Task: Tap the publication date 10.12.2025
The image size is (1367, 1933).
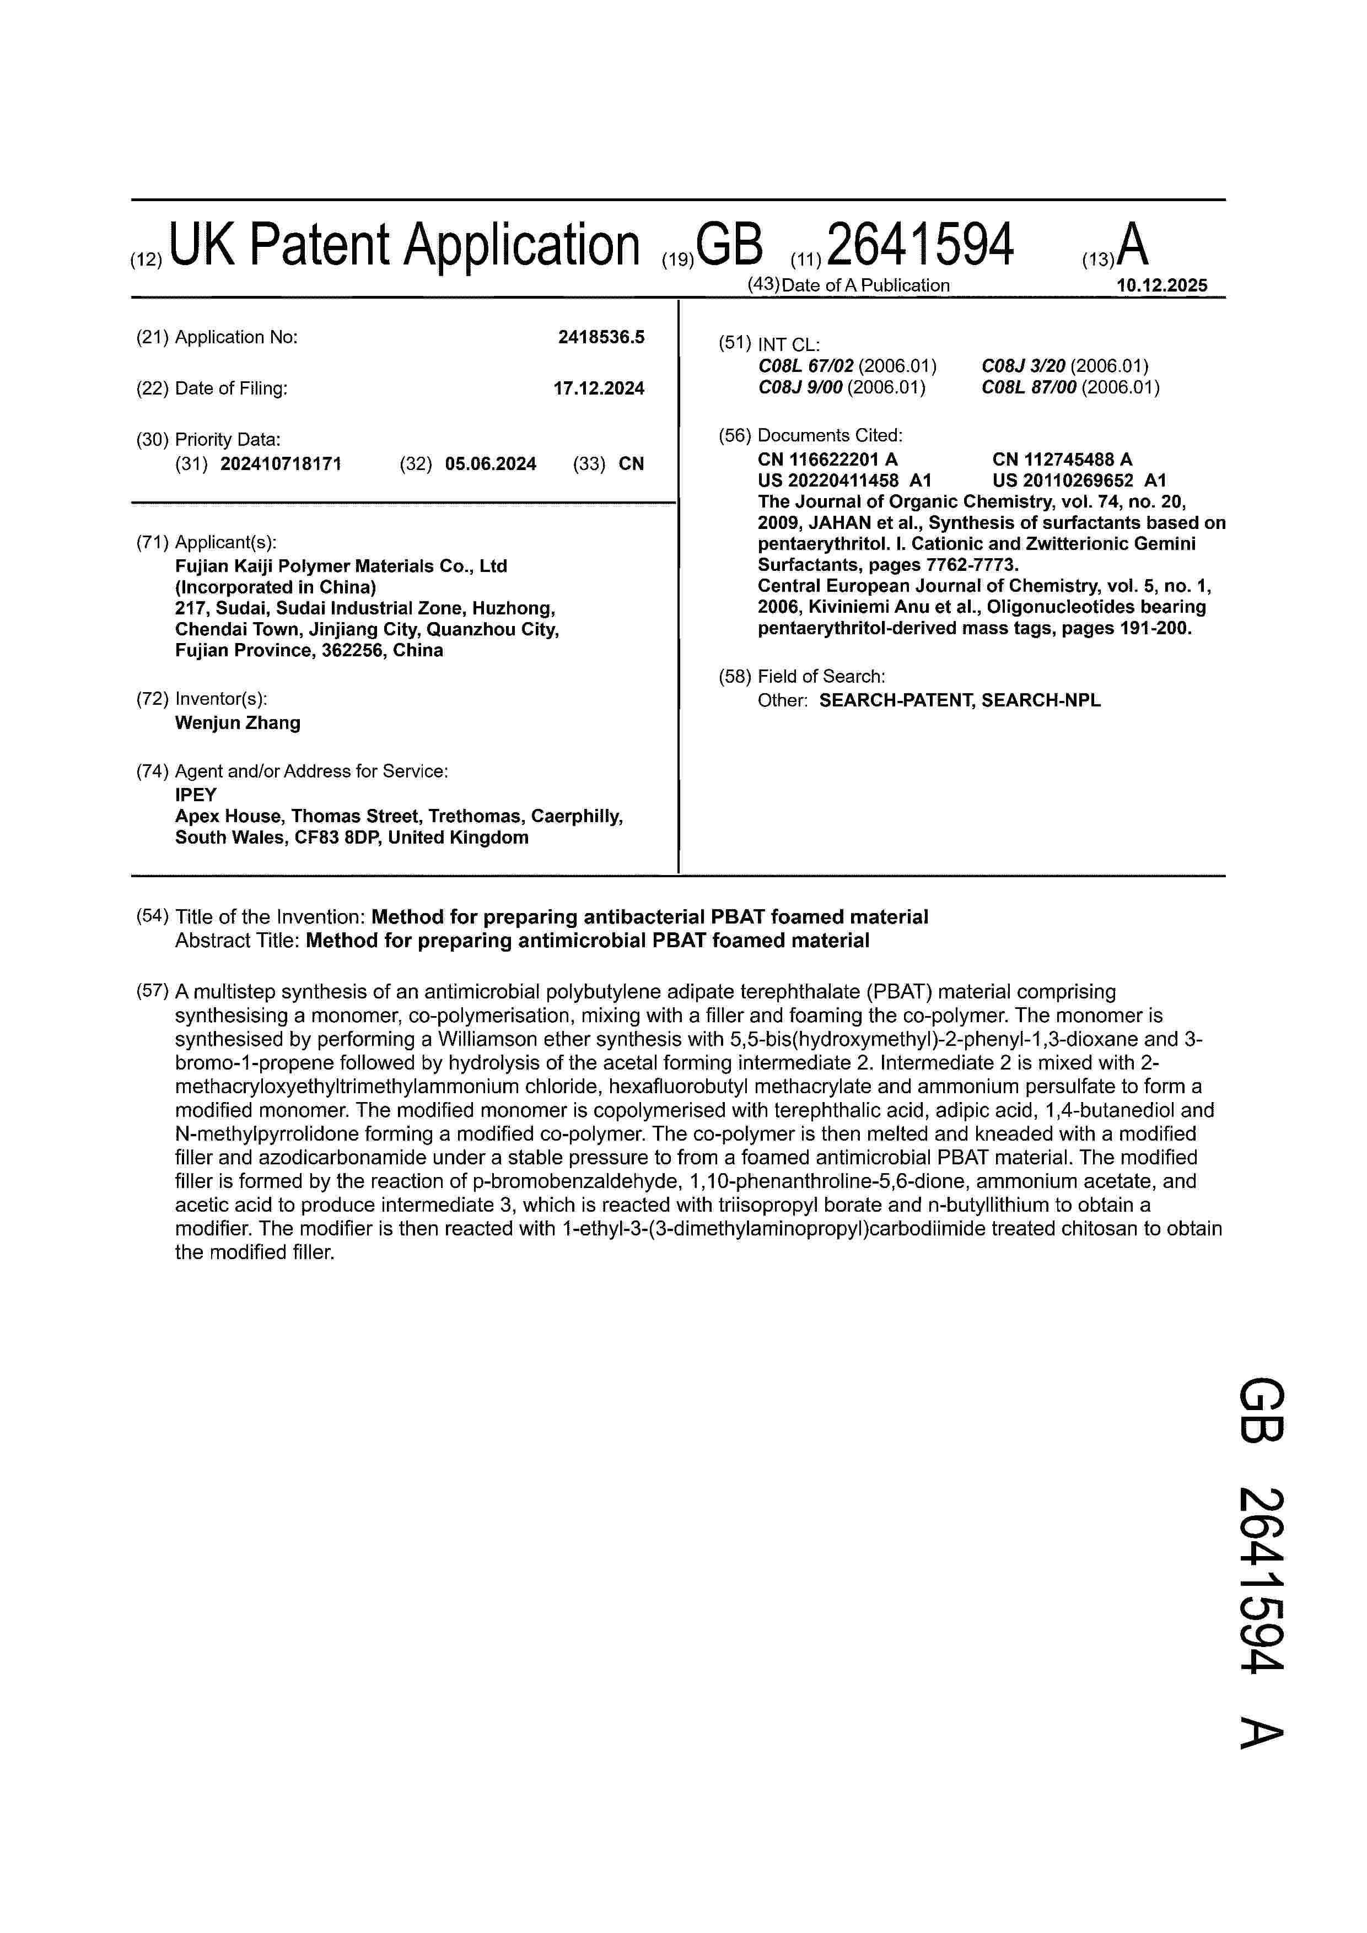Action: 1161,285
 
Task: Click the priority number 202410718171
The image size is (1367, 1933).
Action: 281,464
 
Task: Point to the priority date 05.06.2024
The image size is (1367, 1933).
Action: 490,464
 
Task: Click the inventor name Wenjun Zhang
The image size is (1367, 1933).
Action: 238,722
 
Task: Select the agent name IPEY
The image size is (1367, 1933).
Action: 196,795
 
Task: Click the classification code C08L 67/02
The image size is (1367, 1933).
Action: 806,366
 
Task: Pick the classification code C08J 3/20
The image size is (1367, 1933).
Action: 1024,366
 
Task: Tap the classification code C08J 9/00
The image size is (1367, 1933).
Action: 800,387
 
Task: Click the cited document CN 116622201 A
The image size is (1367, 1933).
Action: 827,459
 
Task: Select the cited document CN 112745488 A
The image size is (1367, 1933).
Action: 1062,459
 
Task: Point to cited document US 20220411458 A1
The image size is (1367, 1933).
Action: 844,480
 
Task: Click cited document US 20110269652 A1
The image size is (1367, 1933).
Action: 1079,480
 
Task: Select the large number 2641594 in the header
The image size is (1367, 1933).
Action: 921,246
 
